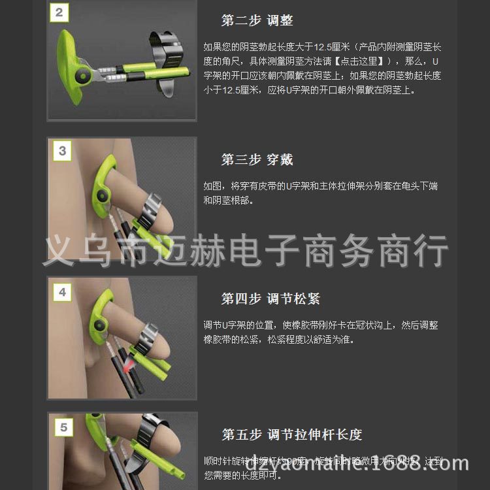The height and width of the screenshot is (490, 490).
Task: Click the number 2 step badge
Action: (x=60, y=12)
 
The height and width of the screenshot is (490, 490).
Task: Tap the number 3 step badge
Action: (x=62, y=151)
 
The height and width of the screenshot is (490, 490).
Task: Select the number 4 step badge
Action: (x=62, y=292)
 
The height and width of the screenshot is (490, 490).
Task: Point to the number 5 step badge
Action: (x=63, y=428)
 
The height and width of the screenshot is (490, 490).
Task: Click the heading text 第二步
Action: (x=241, y=21)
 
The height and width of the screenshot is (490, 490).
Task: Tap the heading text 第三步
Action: (x=241, y=160)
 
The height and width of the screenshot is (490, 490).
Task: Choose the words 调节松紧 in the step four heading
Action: (x=293, y=299)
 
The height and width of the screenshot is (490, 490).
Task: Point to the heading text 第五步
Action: (x=241, y=435)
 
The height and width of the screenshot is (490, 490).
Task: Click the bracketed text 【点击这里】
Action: (x=362, y=61)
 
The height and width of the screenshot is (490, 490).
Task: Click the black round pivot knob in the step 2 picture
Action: (x=83, y=77)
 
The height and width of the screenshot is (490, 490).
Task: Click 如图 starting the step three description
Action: (x=212, y=187)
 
